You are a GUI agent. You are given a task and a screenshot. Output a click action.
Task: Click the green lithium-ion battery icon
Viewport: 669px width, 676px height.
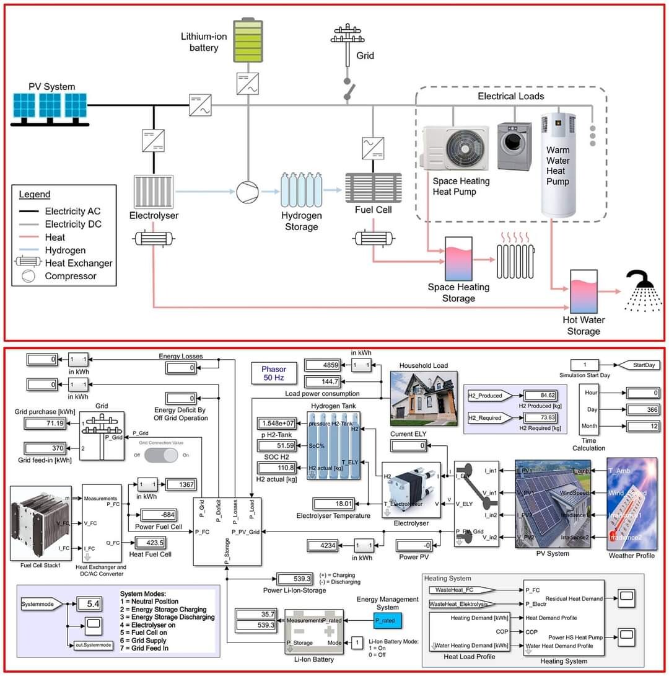(248, 41)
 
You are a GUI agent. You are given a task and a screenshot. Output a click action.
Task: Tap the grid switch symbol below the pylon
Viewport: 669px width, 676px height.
(348, 91)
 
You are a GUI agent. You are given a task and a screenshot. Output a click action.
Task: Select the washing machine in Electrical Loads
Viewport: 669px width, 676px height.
(514, 147)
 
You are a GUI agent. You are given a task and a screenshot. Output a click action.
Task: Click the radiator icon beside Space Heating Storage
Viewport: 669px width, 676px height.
(515, 253)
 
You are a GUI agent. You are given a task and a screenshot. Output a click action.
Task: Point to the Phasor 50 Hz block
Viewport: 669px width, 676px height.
(273, 373)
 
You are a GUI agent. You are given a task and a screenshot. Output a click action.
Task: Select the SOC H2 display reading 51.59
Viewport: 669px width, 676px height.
(278, 445)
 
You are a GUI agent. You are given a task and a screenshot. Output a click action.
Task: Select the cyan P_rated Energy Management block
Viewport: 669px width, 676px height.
(388, 620)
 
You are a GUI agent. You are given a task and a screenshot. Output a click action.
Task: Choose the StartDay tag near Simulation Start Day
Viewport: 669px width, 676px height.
(640, 365)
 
